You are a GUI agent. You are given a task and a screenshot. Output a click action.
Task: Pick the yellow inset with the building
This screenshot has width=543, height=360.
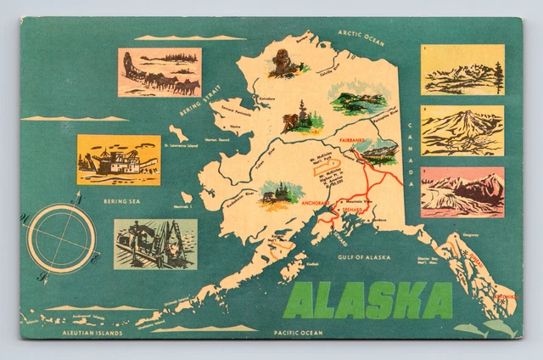[118, 160]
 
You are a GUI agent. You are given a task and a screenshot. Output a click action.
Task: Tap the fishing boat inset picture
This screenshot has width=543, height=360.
[155, 244]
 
